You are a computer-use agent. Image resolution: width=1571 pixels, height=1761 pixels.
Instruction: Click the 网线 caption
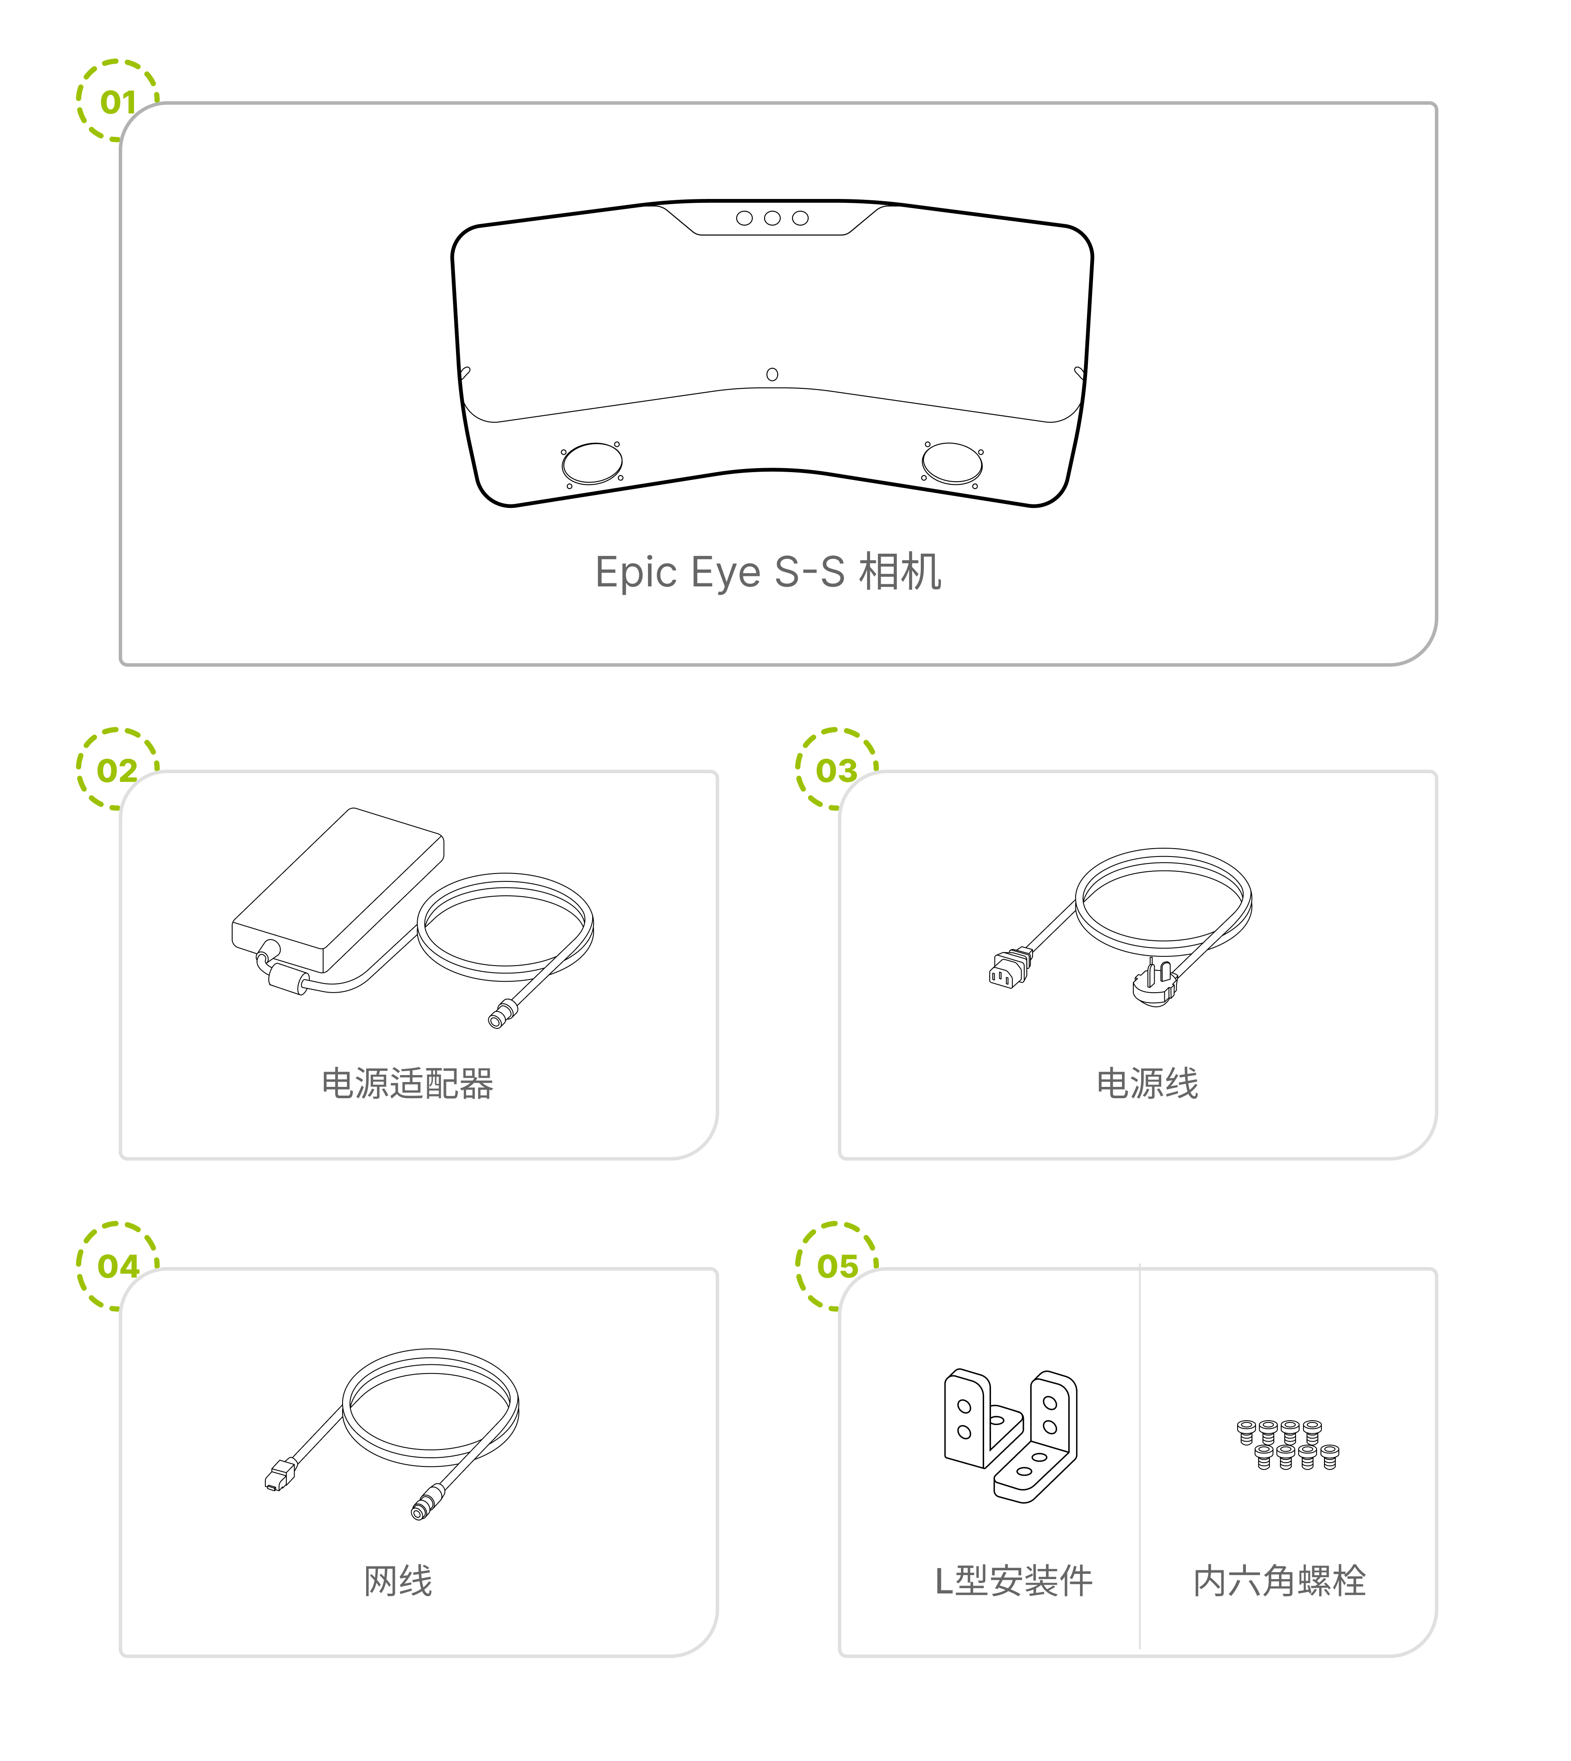point(398,1581)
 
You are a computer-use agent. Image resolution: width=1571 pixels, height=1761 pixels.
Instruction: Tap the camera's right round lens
point(952,463)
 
